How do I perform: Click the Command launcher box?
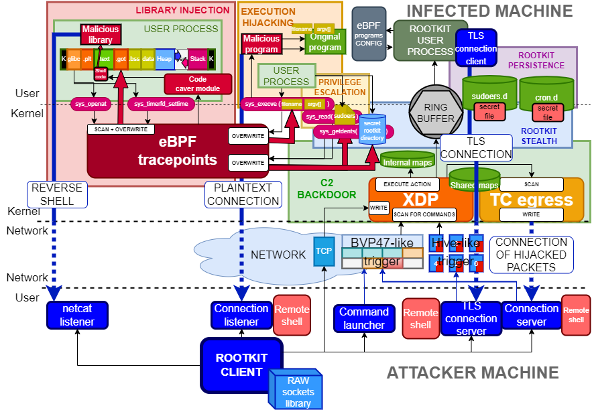click(364, 318)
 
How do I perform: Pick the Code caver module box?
click(198, 84)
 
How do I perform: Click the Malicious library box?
click(101, 34)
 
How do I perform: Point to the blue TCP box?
click(324, 251)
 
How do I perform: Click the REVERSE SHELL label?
click(56, 194)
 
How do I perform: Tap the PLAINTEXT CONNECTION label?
click(242, 194)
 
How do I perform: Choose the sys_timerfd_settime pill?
click(161, 104)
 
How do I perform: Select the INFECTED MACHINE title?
click(489, 11)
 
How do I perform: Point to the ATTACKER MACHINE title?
click(473, 372)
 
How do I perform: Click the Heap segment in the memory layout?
click(164, 59)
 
